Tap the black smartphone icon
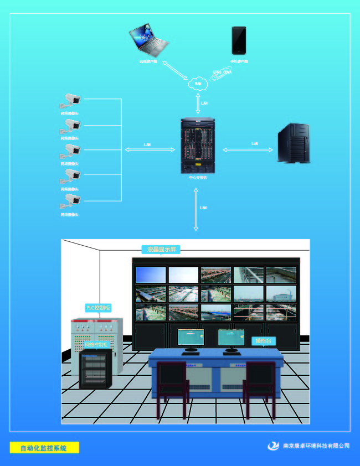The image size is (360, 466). coord(239,40)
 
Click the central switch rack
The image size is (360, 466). coord(198,146)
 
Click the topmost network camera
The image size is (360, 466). coord(71,100)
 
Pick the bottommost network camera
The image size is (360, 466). coord(71,200)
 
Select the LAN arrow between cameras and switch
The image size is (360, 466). coord(147,149)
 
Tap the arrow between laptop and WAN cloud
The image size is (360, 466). coord(176,71)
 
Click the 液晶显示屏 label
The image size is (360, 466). coord(161,250)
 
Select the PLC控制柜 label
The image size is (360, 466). coord(97,308)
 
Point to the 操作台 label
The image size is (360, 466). coord(263,341)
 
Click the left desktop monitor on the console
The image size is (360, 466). coord(191,338)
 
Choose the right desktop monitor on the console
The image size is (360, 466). coord(231,338)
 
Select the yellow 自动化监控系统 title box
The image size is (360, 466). coord(44,448)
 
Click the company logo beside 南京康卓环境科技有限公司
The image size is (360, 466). coord(274,446)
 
